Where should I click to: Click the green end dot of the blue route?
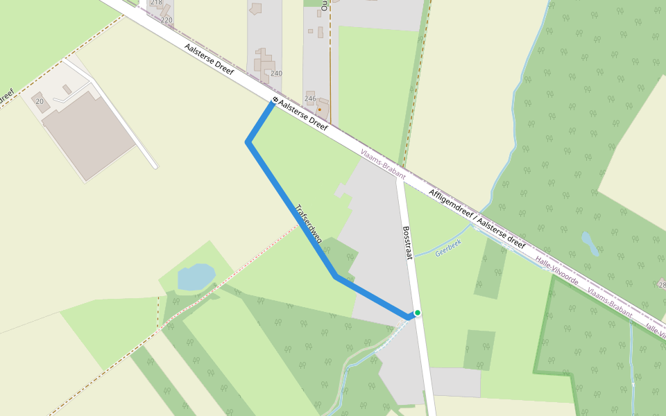coord(418,313)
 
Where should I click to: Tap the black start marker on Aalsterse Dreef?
coord(275,100)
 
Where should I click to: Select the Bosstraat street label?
coord(407,243)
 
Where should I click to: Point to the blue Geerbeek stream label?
coord(448,248)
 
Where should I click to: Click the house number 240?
coord(277,73)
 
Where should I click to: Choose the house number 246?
coord(310,99)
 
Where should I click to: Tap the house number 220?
coord(166,20)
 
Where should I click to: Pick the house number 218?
coord(156,3)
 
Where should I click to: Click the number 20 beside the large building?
coord(40,101)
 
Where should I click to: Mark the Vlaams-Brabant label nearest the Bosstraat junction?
coord(383,164)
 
